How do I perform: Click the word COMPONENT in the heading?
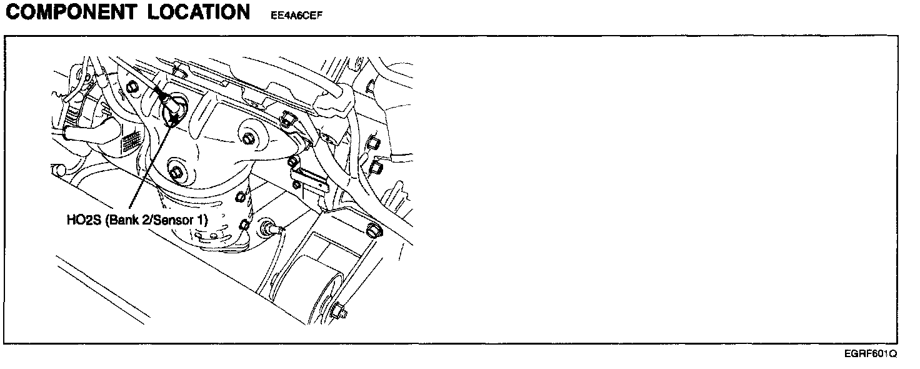[71, 12]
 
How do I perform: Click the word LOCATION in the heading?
[199, 12]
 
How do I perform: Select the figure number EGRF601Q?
[870, 353]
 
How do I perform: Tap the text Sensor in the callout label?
[179, 221]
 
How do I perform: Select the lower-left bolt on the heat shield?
[176, 172]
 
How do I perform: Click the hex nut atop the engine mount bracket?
[374, 230]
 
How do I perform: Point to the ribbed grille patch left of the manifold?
[130, 144]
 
